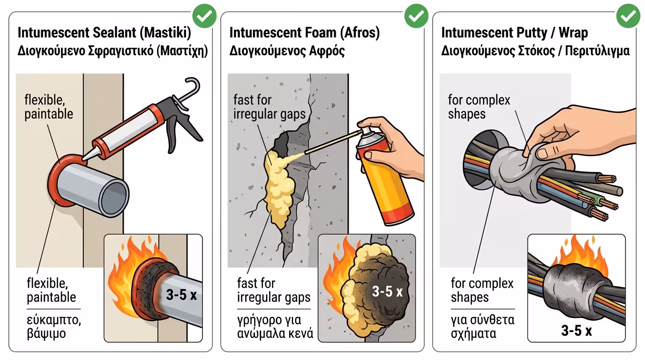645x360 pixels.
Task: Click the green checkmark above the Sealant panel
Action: pos(204,16)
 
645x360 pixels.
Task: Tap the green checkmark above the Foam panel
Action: pos(416,16)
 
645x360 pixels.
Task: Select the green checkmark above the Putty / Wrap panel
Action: pos(628,16)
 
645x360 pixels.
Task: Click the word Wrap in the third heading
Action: pos(573,33)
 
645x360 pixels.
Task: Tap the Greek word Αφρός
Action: pos(327,51)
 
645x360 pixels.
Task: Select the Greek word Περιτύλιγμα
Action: pos(597,51)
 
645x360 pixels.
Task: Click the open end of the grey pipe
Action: pos(114,197)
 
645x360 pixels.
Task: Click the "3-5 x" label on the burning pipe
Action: pos(181,294)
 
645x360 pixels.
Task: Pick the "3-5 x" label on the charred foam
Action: pos(387,292)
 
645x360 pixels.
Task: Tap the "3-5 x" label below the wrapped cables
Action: pos(577,330)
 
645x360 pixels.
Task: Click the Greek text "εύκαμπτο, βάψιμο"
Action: pos(54,327)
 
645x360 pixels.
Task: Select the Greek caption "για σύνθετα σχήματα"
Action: pos(483,327)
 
